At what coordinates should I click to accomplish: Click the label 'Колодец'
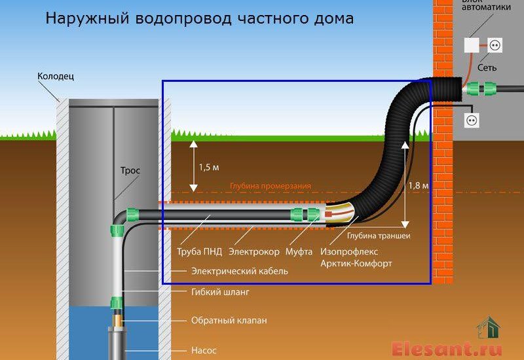(x=56, y=77)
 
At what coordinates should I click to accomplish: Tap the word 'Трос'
(x=130, y=171)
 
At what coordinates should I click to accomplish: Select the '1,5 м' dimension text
(x=210, y=167)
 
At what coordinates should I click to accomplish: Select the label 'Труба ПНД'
(x=200, y=251)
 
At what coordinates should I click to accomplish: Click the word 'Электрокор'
(x=253, y=251)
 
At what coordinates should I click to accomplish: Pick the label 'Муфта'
(x=301, y=251)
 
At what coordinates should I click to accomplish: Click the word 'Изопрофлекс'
(x=348, y=251)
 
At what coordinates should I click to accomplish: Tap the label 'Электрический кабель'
(x=239, y=271)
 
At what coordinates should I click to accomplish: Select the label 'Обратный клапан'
(x=229, y=321)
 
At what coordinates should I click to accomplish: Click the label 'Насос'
(x=204, y=350)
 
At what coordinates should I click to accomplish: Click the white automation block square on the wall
(x=472, y=45)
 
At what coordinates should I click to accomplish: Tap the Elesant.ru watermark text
(x=447, y=348)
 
